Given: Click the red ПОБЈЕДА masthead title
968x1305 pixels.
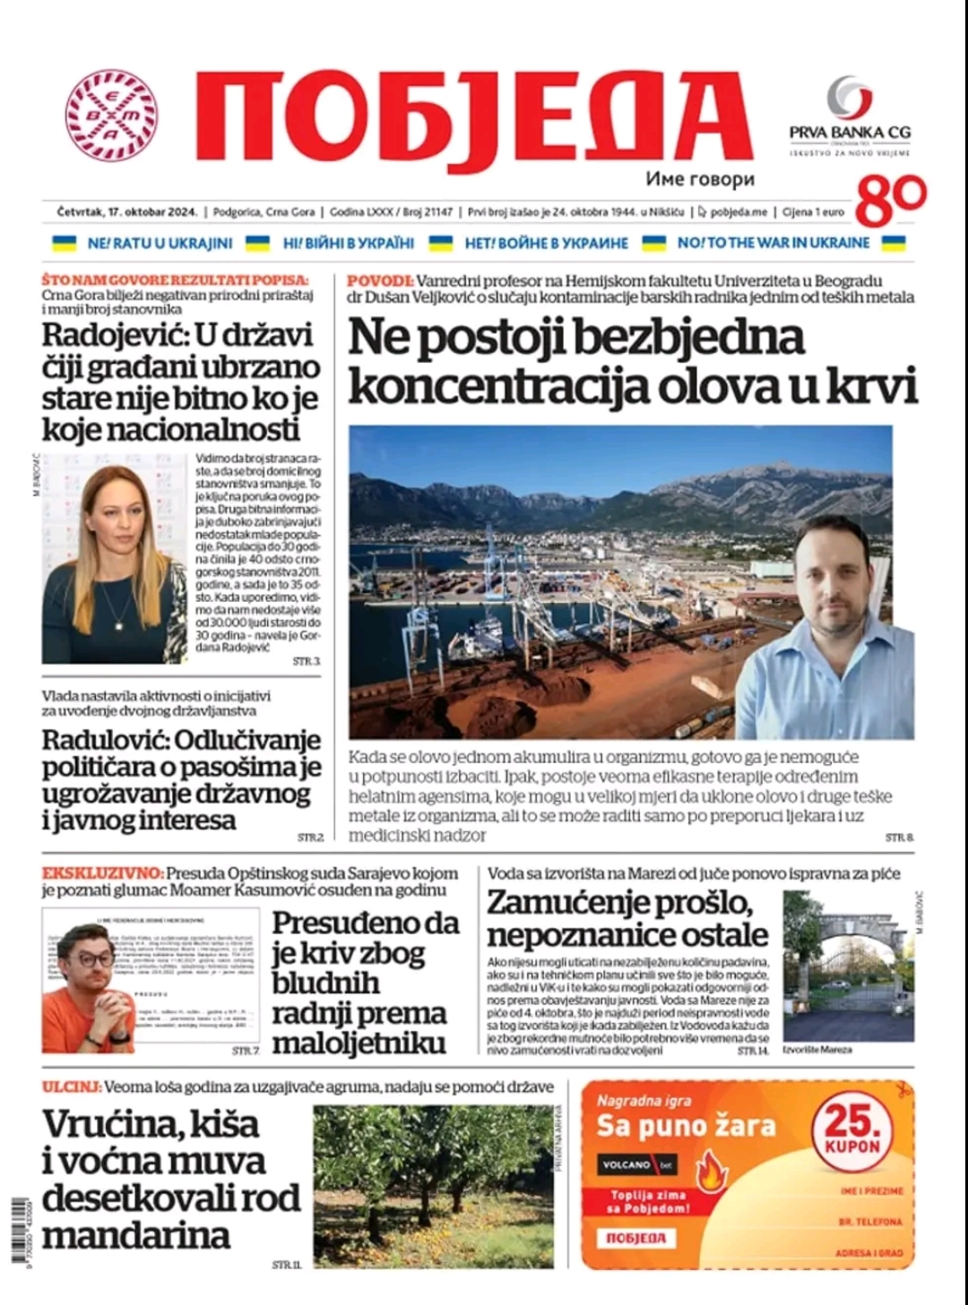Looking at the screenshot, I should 472,117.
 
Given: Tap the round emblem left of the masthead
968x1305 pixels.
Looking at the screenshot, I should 111,116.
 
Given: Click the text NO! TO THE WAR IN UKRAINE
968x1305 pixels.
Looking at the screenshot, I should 773,243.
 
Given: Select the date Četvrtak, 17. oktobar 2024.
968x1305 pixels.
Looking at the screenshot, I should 126,212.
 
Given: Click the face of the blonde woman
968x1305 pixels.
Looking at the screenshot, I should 115,523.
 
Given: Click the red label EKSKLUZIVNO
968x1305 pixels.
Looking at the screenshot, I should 101,873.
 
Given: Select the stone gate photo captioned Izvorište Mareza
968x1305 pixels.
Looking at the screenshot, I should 848,965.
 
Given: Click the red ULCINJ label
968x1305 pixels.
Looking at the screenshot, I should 70,1087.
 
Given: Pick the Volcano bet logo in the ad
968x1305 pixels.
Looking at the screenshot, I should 637,1165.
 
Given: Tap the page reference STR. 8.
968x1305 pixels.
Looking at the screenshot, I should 899,837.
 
